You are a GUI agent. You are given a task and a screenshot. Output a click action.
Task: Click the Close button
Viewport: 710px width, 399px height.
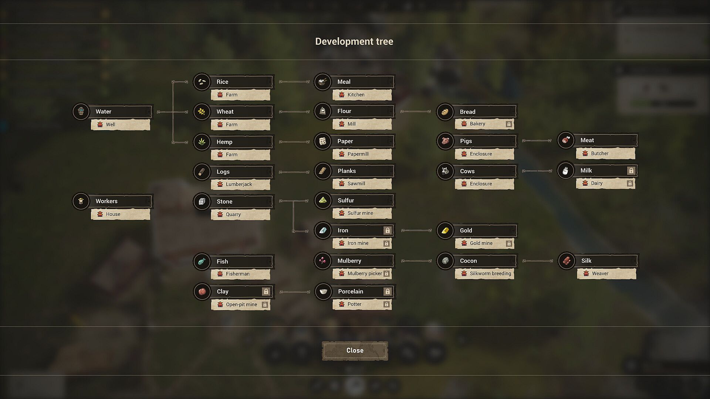pos(355,350)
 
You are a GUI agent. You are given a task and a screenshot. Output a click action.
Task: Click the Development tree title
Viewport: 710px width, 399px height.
pos(354,41)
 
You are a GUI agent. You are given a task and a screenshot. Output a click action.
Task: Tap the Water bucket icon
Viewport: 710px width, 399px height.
pos(81,111)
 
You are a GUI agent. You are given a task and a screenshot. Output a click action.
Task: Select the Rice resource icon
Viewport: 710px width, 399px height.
pos(202,82)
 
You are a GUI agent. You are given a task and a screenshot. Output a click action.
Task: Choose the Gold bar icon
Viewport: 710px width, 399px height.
pos(445,231)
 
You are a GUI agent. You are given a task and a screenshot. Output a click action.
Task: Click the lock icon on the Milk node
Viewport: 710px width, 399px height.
pos(631,171)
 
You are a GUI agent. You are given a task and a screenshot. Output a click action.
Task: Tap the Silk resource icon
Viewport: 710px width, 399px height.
pos(567,261)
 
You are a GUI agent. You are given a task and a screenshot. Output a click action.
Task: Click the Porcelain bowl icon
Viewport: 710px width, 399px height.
pos(323,291)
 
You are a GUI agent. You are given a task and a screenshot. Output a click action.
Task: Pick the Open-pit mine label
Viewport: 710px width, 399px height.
pos(241,304)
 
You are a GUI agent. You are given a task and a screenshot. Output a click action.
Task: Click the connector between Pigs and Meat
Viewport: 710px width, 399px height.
pos(537,141)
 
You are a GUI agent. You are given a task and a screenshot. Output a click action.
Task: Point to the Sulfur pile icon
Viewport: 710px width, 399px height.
pos(323,201)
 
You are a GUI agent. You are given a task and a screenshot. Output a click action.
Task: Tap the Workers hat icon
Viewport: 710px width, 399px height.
pos(81,201)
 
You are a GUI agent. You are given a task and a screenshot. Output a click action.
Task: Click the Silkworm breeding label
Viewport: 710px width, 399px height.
pos(490,273)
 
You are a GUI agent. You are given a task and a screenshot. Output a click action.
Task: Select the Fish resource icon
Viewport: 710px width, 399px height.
pos(202,262)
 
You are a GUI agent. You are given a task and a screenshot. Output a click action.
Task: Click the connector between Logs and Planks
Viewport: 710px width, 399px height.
pos(294,172)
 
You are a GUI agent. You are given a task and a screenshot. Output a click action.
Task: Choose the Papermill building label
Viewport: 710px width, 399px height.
pos(358,154)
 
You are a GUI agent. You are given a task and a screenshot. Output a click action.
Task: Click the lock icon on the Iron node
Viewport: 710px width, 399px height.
pos(387,231)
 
